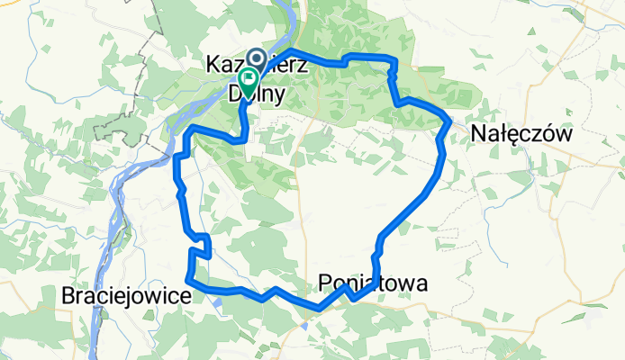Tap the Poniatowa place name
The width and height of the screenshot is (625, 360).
(x=374, y=284)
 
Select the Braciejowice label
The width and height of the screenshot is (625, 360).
(x=125, y=295)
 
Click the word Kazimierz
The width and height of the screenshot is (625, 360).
(x=258, y=65)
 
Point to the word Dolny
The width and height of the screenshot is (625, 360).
(x=258, y=92)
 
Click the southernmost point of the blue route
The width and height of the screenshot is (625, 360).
(x=319, y=310)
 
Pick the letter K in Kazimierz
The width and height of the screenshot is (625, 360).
(x=213, y=65)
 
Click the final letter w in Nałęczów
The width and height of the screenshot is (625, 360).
(x=566, y=133)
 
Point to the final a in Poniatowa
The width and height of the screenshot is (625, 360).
(x=421, y=284)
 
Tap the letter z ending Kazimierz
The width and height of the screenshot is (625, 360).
(x=304, y=65)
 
